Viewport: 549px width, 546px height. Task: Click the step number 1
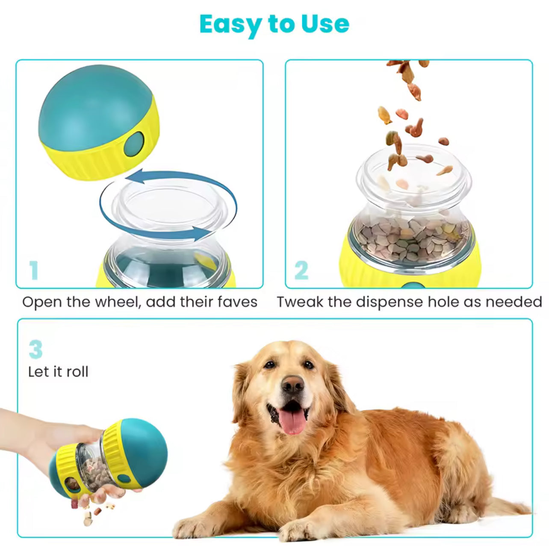tap(34, 270)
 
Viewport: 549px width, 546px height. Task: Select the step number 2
tap(301, 270)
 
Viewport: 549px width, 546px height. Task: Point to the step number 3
tap(35, 349)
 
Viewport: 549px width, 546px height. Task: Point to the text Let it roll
tap(59, 372)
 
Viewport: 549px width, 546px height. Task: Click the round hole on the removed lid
tap(134, 144)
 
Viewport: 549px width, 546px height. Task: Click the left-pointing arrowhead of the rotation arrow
tap(136, 176)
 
